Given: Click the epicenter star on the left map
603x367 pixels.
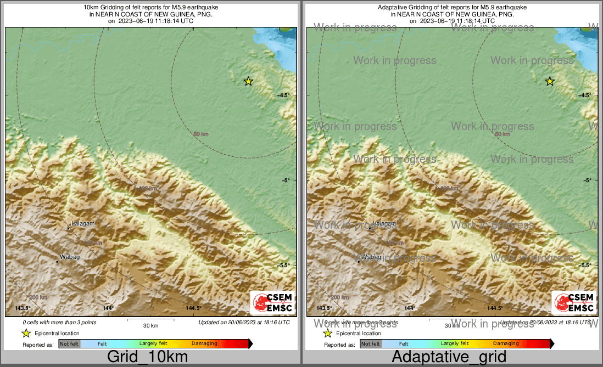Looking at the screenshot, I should (248, 81).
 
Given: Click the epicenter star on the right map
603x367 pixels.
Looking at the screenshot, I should (550, 81).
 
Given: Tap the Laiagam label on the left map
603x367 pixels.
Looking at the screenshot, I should (80, 224).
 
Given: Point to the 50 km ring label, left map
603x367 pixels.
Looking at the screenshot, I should (200, 134).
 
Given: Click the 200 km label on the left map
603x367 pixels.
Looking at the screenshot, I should (38, 297).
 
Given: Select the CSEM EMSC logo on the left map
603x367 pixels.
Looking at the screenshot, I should (273, 303).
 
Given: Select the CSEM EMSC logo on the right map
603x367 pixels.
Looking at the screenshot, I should (574, 303).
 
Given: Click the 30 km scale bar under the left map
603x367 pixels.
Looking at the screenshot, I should (150, 320).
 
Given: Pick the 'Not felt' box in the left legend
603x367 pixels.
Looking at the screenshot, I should (69, 344).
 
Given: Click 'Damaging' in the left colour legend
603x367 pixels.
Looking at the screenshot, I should (204, 344).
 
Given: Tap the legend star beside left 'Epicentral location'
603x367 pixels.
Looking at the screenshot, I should (26, 333).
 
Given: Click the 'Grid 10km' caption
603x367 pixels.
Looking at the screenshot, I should (147, 357).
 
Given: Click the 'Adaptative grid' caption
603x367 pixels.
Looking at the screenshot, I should (449, 357).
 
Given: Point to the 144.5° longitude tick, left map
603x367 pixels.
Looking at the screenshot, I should (193, 308).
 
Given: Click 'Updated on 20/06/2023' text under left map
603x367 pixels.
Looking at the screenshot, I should (244, 323).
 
